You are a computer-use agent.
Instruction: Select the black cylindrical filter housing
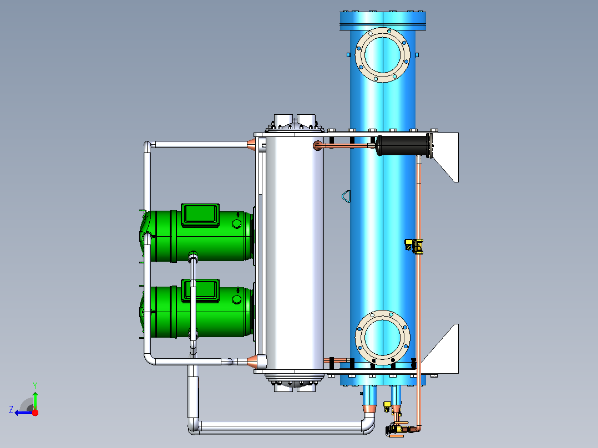[402, 145]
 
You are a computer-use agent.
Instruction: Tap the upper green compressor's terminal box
[200, 215]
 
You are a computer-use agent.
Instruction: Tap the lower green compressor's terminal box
[200, 291]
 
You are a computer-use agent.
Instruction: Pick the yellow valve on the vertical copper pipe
[414, 246]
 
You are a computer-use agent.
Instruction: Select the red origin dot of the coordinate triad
[35, 413]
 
